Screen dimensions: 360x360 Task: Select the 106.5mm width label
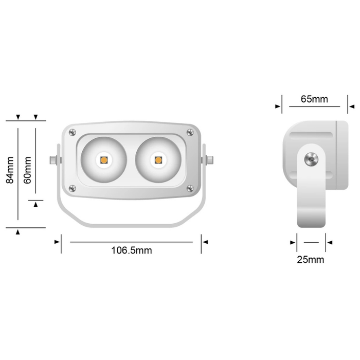pos(132,250)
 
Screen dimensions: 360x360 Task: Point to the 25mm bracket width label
pos(311,259)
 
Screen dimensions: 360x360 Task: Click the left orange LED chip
pos(103,160)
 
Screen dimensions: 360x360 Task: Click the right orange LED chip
pos(158,160)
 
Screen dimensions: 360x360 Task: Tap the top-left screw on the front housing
pos(71,133)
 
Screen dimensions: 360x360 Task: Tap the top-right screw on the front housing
pos(190,133)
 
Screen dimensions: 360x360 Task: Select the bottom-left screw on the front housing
pos(71,187)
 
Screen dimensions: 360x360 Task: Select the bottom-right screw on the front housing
pos(190,187)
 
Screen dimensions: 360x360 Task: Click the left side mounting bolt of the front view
pos(53,160)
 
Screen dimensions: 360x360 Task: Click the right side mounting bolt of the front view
pos(209,160)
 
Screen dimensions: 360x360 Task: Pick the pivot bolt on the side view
pos(311,160)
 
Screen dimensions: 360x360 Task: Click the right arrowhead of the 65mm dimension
pos(351,106)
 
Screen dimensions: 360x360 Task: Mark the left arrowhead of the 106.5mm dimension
pos(57,242)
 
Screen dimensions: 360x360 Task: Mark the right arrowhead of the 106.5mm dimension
pos(204,242)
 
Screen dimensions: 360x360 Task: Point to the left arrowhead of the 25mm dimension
pos(294,242)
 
